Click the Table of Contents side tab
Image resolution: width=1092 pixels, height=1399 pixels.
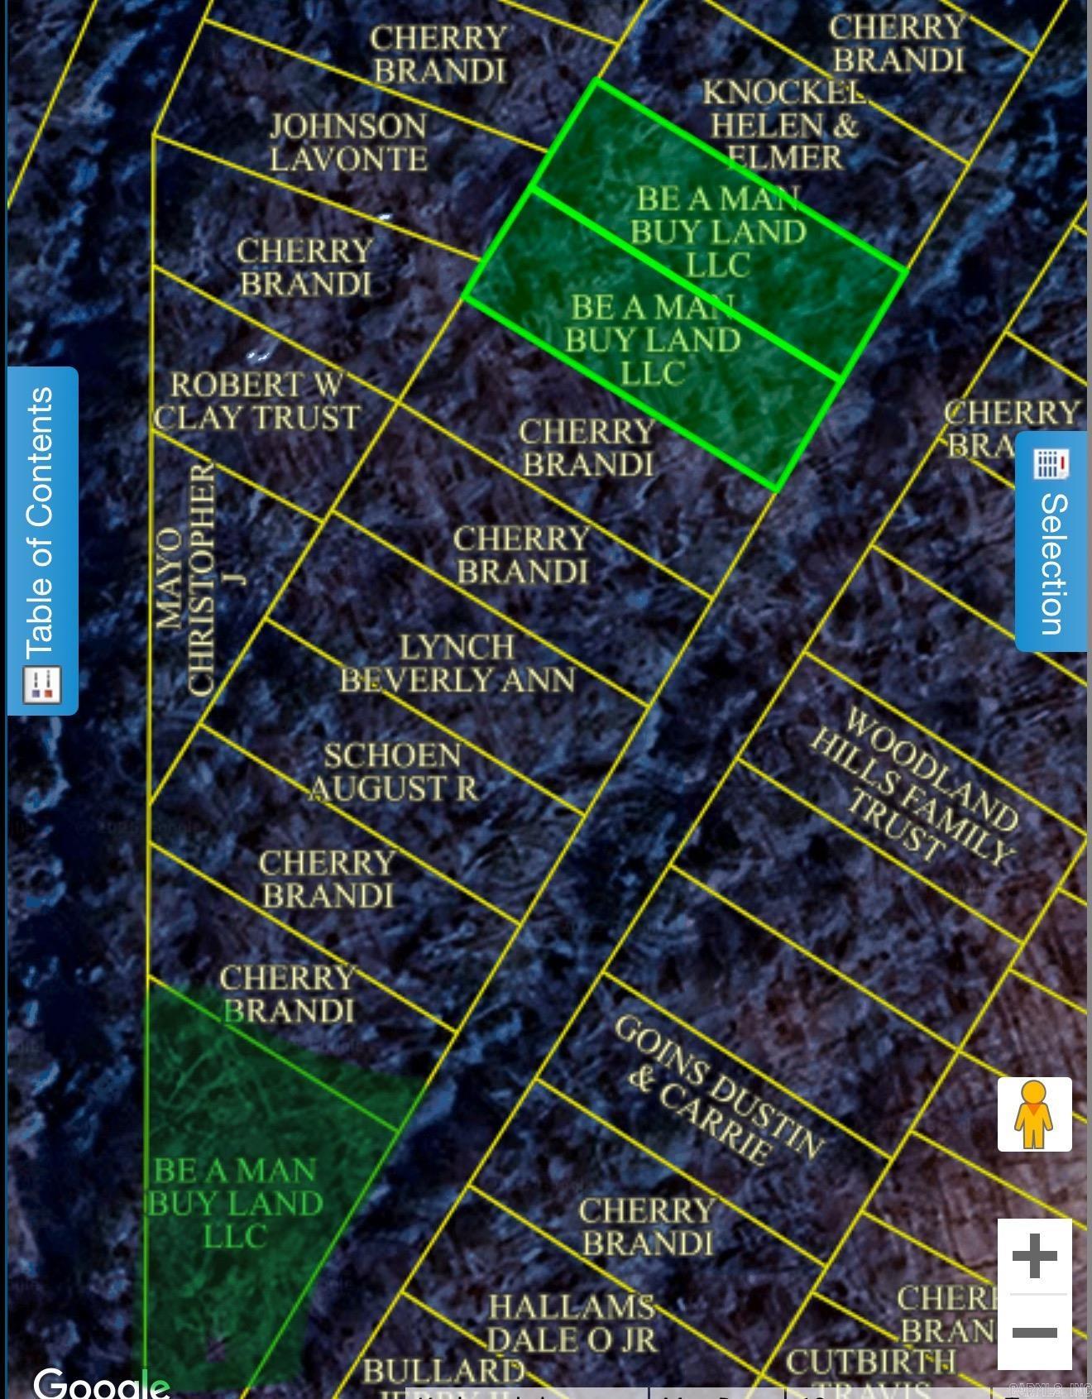42,541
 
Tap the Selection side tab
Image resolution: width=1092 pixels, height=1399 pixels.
1051,542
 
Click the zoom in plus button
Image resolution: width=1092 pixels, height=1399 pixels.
1034,1256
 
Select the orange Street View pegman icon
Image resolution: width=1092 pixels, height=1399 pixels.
1034,1114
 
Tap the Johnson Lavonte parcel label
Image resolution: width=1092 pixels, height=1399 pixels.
348,142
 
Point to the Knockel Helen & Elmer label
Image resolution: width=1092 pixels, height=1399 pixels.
783,125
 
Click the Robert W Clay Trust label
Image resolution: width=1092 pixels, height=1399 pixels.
257,401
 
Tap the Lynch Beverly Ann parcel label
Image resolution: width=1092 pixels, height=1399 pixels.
457,664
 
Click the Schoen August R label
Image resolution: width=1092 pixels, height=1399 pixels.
394,772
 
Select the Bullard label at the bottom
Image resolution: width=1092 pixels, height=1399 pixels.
443,1371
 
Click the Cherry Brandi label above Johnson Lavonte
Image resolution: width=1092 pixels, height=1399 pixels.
439,55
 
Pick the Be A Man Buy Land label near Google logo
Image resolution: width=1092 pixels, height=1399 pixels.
235,1203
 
